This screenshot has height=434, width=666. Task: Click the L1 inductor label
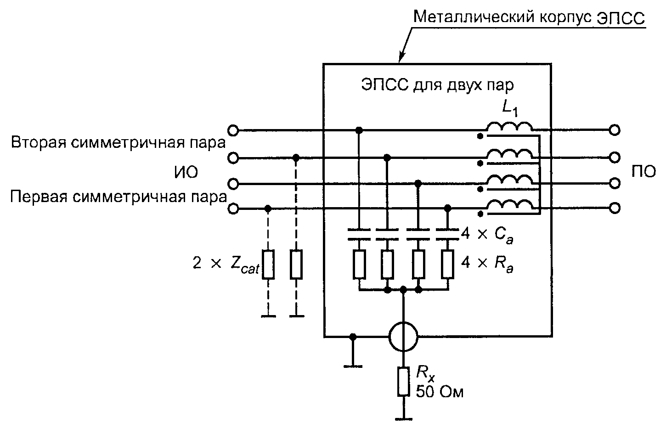click(x=510, y=109)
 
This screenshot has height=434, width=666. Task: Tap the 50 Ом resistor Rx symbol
click(x=403, y=382)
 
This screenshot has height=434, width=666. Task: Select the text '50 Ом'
click(x=440, y=391)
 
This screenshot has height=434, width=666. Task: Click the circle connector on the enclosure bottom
click(x=403, y=336)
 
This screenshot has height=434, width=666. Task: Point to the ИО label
click(x=186, y=172)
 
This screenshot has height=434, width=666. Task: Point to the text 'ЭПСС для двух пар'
click(x=437, y=85)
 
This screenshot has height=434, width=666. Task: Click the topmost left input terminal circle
click(x=233, y=130)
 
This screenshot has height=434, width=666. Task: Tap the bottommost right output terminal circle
click(x=615, y=208)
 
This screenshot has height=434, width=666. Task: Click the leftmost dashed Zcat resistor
click(x=268, y=264)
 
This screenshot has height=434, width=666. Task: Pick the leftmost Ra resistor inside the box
click(x=359, y=264)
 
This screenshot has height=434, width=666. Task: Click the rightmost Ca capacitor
click(x=447, y=234)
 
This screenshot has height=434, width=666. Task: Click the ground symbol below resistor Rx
click(x=403, y=419)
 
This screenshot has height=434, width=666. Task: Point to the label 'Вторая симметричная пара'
click(x=119, y=142)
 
